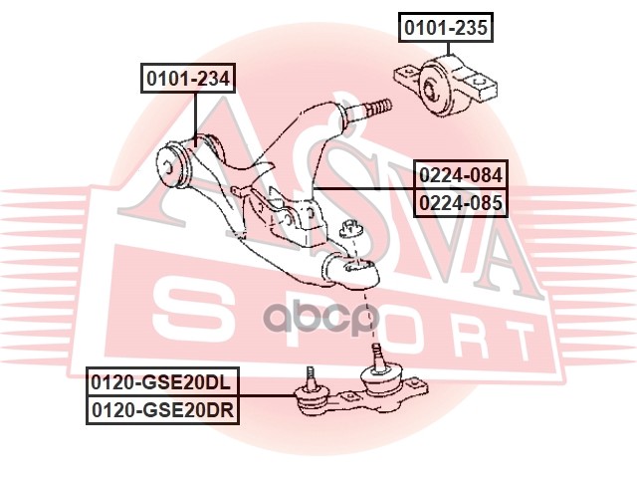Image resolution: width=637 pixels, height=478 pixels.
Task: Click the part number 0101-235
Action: click(446, 28)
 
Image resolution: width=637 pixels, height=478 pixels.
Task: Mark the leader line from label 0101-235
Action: click(448, 49)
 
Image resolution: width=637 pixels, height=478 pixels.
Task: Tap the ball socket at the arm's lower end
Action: click(354, 267)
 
